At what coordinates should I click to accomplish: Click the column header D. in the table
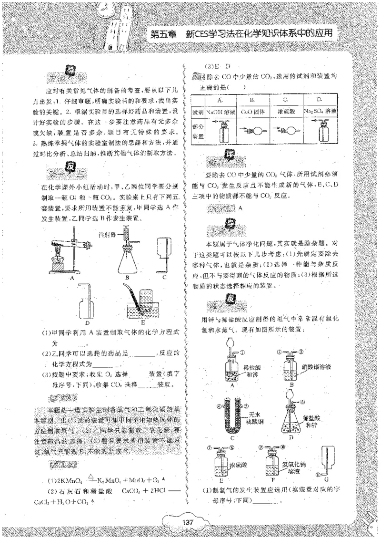pyautogui.click(x=320, y=100)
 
